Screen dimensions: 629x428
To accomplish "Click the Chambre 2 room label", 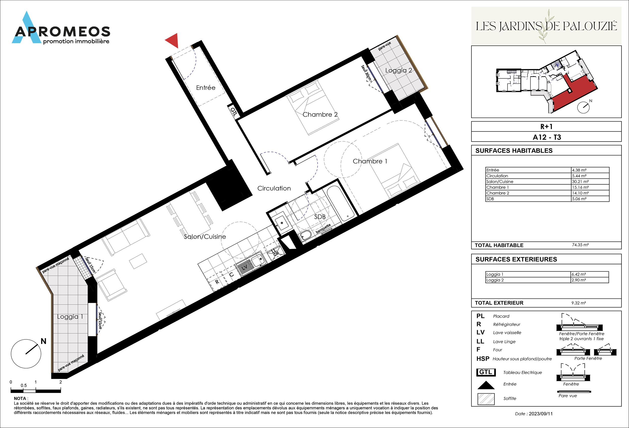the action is pos(320,114).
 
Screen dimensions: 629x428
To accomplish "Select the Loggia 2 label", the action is pos(398,70).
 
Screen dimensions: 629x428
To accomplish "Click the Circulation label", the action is pos(274,188).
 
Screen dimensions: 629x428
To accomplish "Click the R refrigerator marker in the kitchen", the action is pos(217,282).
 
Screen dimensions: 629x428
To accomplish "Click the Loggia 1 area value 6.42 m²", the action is pos(578,274).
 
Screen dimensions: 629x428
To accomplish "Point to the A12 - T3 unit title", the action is pos(547,137).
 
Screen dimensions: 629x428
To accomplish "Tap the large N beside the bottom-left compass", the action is pos(43,341).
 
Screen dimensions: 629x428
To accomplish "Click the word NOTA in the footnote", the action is pos(20,399).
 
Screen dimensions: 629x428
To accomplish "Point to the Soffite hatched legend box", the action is pos(486,399).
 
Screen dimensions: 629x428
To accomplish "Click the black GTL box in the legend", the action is pos(486,372).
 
